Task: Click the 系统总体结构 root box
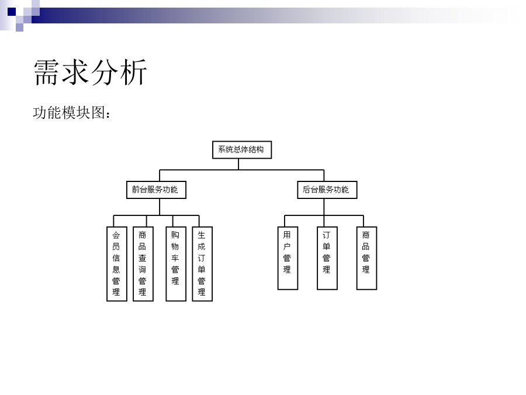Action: (242, 150)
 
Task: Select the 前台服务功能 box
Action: (156, 190)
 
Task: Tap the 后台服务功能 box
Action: (327, 190)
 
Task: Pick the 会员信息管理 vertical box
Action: (117, 264)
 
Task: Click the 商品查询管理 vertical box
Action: (143, 264)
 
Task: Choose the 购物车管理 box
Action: (176, 264)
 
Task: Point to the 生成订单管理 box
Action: (202, 264)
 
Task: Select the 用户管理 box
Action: (288, 258)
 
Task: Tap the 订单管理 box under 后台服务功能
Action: (327, 258)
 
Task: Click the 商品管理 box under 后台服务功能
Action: (366, 258)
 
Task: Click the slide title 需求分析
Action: (90, 72)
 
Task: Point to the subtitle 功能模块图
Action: (69, 112)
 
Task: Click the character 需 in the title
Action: (47, 72)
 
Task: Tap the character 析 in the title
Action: (133, 72)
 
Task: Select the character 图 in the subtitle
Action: (98, 112)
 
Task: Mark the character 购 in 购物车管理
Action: (175, 235)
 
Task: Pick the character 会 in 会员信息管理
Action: (116, 235)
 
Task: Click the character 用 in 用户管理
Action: (287, 235)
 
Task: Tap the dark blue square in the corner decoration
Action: (12, 12)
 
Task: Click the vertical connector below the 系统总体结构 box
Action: (238, 164)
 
